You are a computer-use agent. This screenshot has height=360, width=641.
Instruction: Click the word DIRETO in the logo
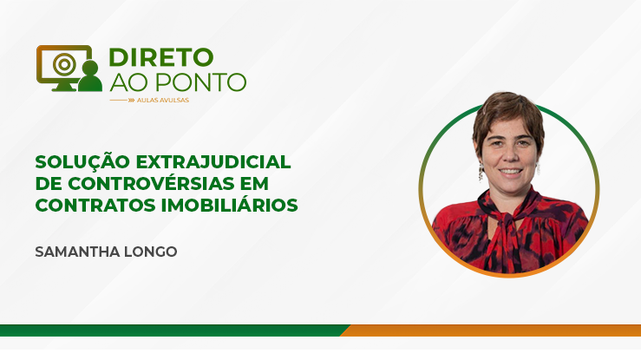[x=161, y=57]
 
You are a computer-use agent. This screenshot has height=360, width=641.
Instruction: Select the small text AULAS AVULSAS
[x=163, y=100]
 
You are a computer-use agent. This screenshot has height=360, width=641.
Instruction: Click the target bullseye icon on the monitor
[x=64, y=64]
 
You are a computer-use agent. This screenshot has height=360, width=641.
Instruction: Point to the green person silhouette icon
[x=90, y=76]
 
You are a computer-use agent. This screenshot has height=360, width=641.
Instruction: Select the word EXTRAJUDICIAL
[x=213, y=162]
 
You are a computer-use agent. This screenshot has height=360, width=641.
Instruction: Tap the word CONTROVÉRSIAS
[x=151, y=183]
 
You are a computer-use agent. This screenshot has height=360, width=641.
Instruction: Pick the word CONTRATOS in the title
[x=95, y=205]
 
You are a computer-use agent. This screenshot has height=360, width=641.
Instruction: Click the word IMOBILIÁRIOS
[x=229, y=205]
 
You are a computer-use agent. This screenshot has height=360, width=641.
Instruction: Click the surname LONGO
[x=150, y=252]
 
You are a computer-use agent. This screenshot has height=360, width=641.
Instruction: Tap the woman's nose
[x=509, y=156]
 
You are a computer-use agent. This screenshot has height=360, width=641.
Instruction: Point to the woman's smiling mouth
[x=510, y=171]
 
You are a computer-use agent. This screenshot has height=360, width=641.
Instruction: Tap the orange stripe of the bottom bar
[x=491, y=331]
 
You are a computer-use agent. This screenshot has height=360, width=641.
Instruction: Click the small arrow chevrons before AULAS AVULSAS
[x=131, y=100]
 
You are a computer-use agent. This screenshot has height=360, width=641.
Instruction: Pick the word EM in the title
[x=255, y=184]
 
